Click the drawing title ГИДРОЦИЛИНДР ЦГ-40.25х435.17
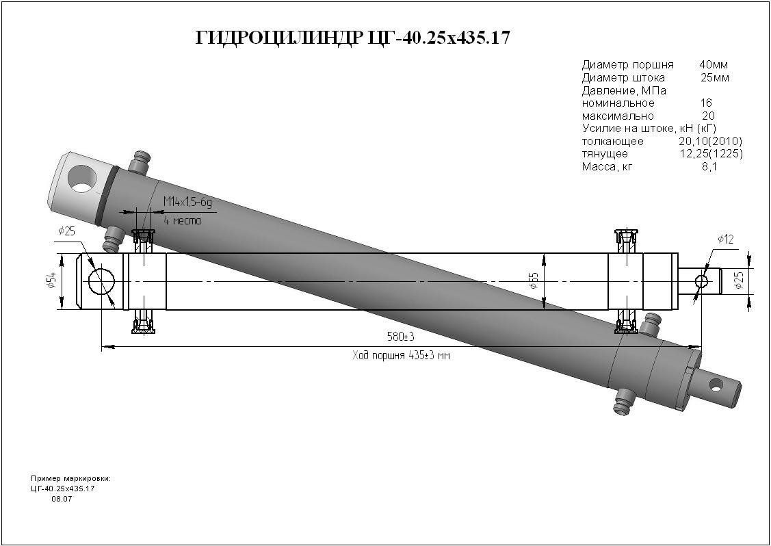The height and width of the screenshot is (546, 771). coord(352,38)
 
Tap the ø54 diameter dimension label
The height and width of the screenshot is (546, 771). coord(51,281)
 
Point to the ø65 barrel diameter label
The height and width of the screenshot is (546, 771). coord(534,281)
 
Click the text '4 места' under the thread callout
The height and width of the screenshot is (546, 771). coord(183,220)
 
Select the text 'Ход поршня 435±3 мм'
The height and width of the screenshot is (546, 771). coord(401,356)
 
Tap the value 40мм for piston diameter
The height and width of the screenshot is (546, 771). coord(714,64)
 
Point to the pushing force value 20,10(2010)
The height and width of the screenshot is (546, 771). coord(710,142)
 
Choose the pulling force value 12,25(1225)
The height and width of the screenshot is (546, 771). coord(711,154)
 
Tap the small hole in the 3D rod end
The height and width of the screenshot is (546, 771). coord(716,387)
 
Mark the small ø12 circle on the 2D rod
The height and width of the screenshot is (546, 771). coord(701,281)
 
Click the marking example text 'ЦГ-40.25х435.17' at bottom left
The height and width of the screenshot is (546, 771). coord(62,489)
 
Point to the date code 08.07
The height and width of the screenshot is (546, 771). coord(62,499)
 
